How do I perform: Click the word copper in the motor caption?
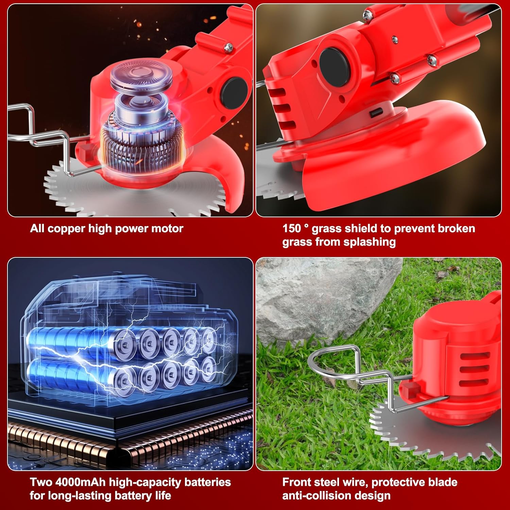pyautogui.click(x=67, y=228)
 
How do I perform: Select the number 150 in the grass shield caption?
pyautogui.click(x=291, y=228)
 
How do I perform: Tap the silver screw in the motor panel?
pyautogui.click(x=228, y=47)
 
